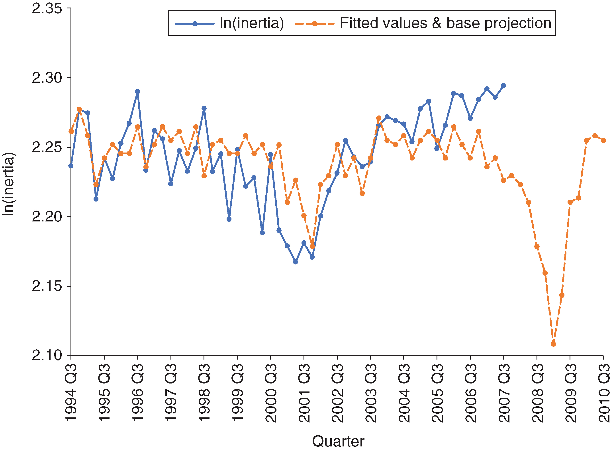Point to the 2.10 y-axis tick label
tap(47, 356)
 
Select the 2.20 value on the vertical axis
tap(47, 217)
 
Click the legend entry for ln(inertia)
tap(251, 23)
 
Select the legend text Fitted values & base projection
tap(445, 23)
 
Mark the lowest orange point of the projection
tap(553, 344)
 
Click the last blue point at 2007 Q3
tap(503, 86)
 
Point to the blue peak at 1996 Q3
tap(138, 92)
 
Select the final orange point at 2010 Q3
tap(603, 140)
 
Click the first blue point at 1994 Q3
tap(71, 166)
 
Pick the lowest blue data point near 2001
tap(296, 262)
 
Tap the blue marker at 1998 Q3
tap(204, 108)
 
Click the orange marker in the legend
tap(314, 24)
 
